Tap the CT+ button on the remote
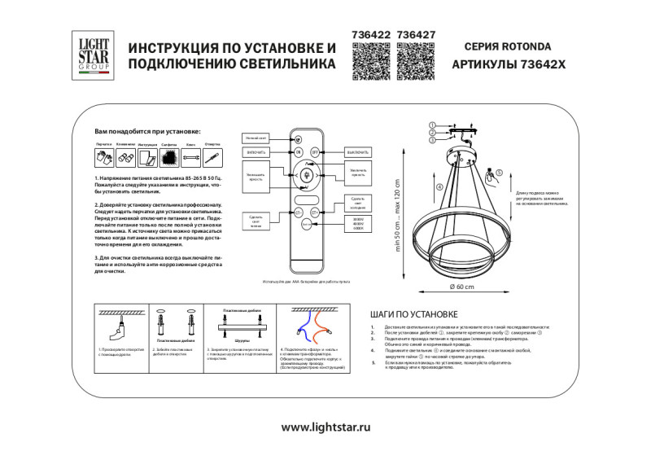point(315,211)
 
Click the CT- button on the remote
point(298,211)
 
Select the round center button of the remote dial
point(307,175)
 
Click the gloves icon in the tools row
point(103,156)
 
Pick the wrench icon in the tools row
point(190,156)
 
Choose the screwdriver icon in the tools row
point(212,156)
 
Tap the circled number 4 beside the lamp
point(439,188)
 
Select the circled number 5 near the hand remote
point(499,172)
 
